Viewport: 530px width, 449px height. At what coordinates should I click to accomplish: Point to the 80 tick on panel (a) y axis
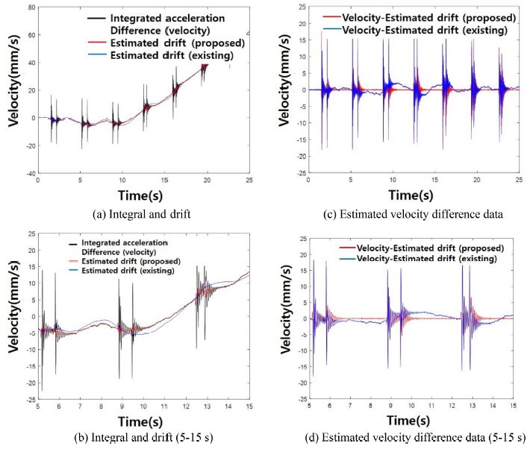tap(34, 7)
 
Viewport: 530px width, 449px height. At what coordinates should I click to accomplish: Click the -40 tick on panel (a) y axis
tap(32, 173)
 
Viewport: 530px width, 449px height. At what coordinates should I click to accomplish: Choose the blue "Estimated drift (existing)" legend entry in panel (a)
tap(158, 56)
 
